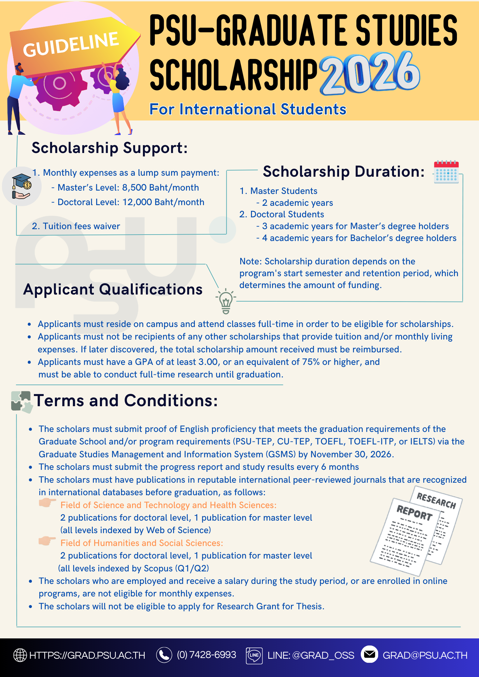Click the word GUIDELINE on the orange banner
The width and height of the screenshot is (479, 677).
[71, 44]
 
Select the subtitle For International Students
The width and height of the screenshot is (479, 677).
[248, 109]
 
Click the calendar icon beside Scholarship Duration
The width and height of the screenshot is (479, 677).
[446, 172]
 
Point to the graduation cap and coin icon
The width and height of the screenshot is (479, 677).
[21, 186]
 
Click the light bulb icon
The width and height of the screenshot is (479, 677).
[226, 301]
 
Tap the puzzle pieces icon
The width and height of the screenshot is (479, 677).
[22, 402]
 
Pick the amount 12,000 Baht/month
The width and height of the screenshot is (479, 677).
[163, 202]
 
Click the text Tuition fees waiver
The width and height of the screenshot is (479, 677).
[81, 226]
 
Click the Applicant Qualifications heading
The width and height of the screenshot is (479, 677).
[113, 290]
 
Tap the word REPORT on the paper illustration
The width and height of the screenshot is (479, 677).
[414, 513]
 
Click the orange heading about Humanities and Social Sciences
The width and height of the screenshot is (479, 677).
[142, 543]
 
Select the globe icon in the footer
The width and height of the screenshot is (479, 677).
[20, 655]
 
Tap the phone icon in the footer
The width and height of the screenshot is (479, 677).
[164, 655]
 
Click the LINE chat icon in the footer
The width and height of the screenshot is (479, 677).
[254, 655]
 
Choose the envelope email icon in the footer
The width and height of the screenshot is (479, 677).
[369, 654]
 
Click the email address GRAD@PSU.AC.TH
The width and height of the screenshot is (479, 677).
[425, 655]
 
